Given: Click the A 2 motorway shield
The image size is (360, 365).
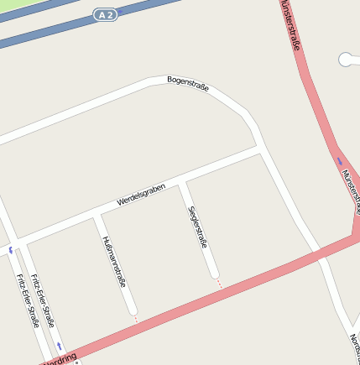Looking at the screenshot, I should pos(103,15).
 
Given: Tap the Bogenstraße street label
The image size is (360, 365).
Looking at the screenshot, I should pos(188,83).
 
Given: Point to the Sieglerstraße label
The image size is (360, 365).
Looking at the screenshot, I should pos(198,226).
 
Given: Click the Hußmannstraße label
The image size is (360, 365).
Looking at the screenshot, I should pos(114,262).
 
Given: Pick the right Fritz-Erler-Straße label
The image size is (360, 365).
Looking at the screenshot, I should pos(43,300).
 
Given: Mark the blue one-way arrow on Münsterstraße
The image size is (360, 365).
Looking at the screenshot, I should pos(340,160).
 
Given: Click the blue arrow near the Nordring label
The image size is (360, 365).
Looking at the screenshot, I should pos(60,345).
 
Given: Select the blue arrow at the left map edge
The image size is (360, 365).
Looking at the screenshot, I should pos(11,249).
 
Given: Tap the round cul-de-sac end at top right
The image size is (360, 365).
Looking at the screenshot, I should pos(346,59).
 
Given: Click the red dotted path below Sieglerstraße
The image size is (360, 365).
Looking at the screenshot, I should pos(220,284).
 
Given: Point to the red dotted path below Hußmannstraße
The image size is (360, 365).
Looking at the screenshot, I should pos(136,319).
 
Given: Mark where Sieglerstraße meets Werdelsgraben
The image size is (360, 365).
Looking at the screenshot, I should pos(181,183).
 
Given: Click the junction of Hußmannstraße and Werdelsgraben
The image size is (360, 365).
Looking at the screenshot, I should pos(97,216).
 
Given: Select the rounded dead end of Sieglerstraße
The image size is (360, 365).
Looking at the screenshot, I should pos(215,274).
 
